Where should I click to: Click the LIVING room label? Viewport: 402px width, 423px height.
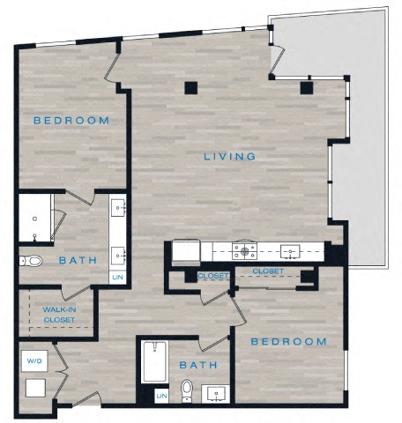(x=229, y=157)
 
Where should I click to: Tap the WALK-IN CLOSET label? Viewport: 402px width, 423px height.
(x=59, y=315)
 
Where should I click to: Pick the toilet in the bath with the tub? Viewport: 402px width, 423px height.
(x=186, y=389)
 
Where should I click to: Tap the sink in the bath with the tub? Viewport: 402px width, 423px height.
(x=214, y=392)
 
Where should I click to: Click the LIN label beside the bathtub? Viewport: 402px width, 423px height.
(x=160, y=397)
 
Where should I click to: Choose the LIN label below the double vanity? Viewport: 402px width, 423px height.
(x=118, y=277)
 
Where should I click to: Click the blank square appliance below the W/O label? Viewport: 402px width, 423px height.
(x=37, y=388)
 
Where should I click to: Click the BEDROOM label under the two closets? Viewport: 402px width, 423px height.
(x=288, y=341)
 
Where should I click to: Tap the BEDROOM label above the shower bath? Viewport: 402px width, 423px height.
(x=71, y=120)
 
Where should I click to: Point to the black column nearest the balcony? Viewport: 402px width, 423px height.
(x=306, y=87)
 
